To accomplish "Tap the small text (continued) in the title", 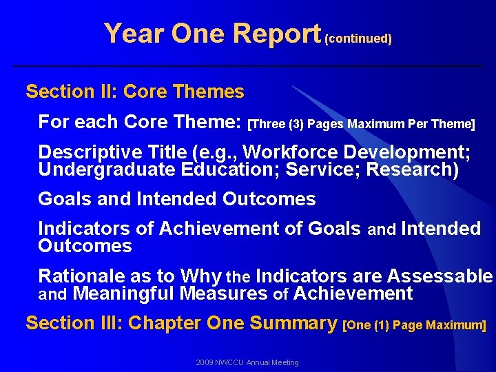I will tap(358, 39).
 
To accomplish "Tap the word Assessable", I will tap(440, 276).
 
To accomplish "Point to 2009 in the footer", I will tap(205, 362).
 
